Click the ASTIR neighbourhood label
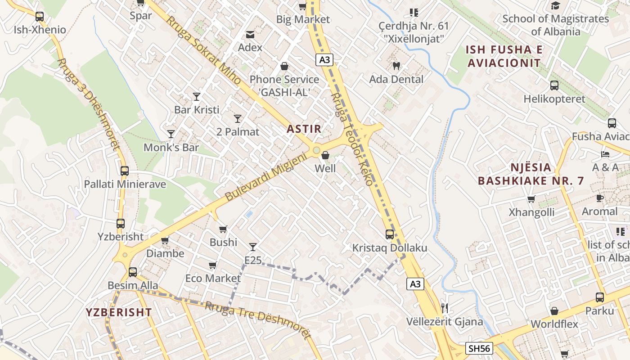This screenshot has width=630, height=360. click(304, 129)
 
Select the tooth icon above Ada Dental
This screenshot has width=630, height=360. click(396, 66)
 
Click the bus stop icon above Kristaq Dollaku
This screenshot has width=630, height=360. click(390, 234)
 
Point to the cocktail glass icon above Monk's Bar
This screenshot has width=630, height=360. click(171, 134)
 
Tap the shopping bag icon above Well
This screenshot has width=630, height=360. click(325, 156)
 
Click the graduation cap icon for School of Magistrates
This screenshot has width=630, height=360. click(555, 6)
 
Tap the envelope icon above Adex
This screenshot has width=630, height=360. click(250, 34)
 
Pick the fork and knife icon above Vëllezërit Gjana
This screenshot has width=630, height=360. click(445, 308)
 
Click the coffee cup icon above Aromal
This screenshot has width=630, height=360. click(599, 198)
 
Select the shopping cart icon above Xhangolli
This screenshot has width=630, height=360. click(531, 199)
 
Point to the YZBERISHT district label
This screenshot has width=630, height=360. click(119, 312)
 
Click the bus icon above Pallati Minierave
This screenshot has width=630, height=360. click(125, 171)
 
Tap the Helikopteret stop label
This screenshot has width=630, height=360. click(554, 99)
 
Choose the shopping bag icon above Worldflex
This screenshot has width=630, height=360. click(554, 311)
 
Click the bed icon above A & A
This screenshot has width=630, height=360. click(605, 154)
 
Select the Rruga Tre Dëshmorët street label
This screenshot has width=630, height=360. click(258, 319)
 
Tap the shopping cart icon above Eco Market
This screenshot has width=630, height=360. click(213, 265)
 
